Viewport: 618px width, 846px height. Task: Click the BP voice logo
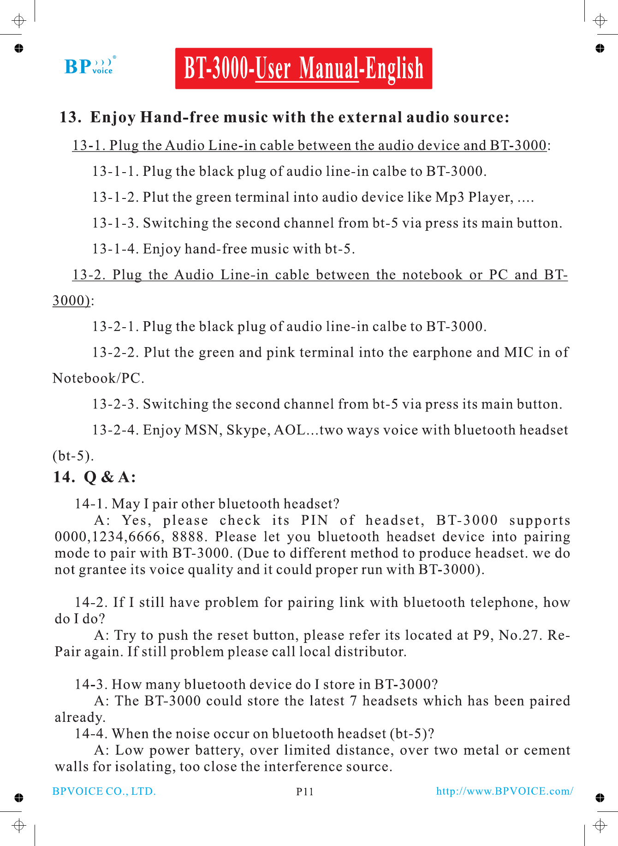click(x=89, y=66)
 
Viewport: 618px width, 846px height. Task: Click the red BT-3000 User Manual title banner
click(x=303, y=68)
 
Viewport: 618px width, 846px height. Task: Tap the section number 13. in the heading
click(x=71, y=117)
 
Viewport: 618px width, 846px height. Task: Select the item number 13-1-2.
click(x=115, y=197)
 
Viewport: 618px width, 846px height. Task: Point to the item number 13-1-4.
click(x=115, y=249)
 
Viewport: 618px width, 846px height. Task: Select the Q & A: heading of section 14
click(x=110, y=477)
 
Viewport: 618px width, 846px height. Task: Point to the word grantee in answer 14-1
click(x=103, y=570)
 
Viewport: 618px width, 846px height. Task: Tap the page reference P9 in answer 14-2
click(x=482, y=635)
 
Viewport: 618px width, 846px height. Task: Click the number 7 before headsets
click(x=353, y=701)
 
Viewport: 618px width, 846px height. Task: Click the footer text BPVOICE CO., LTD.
click(x=104, y=791)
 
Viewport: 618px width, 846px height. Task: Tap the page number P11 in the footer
click(x=304, y=792)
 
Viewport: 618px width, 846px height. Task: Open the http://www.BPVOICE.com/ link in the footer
click(x=505, y=791)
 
